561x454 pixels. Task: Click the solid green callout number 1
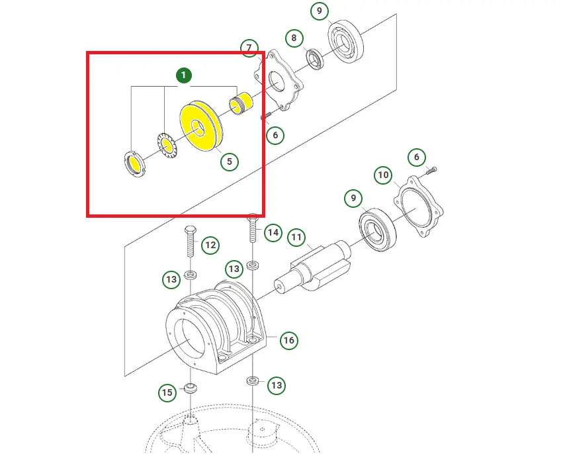pos(184,75)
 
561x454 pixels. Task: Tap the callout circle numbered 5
pos(230,161)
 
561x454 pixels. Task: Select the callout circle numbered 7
pos(249,48)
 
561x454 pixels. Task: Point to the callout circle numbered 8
pos(294,38)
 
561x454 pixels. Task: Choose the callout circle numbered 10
pos(383,175)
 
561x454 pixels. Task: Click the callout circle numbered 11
pos(296,237)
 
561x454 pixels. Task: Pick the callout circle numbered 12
pos(210,246)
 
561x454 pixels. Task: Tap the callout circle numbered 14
pos(273,233)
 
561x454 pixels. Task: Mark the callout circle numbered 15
pos(167,392)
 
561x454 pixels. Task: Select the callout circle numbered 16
pos(288,340)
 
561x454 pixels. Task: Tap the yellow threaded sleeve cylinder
pos(241,103)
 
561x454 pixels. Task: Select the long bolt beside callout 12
pos(190,242)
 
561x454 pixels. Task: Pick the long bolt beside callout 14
pos(253,228)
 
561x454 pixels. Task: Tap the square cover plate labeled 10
pos(418,206)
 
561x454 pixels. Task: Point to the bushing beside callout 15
pos(191,388)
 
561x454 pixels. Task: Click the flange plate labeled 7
pos(278,81)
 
